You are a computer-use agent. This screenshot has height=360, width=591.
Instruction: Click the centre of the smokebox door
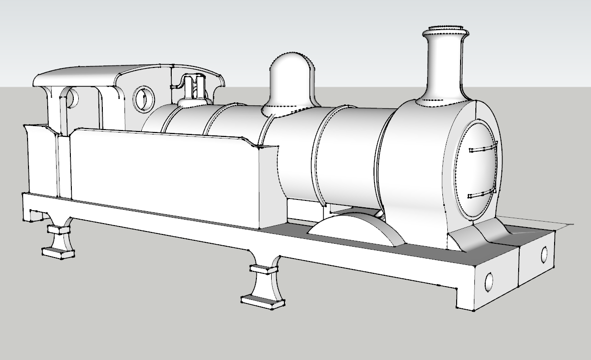pyautogui.click(x=477, y=170)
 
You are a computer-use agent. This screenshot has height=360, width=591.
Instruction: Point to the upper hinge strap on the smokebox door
pyautogui.click(x=483, y=147)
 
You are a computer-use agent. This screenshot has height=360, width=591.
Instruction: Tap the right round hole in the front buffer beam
pyautogui.click(x=544, y=254)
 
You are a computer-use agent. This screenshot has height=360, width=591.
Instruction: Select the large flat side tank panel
pyautogui.click(x=165, y=177)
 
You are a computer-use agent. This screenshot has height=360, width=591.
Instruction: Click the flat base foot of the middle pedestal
pyautogui.click(x=263, y=299)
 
